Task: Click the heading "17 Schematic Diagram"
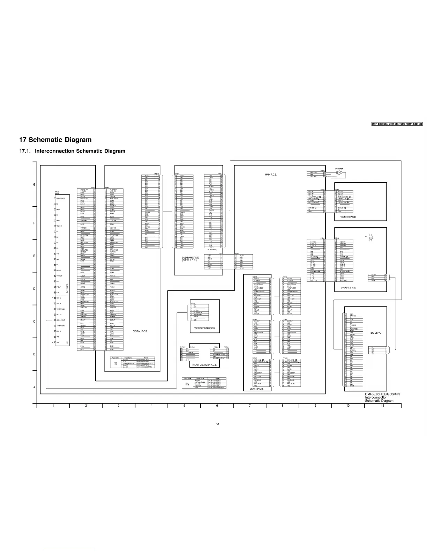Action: pos(55,140)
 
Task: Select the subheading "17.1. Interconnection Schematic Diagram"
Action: pos(72,151)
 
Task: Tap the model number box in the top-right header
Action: pos(397,124)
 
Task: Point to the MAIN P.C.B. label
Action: pos(271,175)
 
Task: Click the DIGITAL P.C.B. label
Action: pos(141,331)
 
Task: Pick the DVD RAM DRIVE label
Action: pos(190,259)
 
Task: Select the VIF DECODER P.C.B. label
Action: pos(205,329)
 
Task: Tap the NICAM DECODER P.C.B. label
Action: pos(205,365)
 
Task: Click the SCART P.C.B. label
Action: pos(256,389)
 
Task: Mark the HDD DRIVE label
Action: pos(375,333)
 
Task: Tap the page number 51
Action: pos(217,424)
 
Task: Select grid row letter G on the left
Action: pos(34,185)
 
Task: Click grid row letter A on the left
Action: pos(34,387)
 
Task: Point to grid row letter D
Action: pos(34,289)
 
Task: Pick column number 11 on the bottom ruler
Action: pos(383,406)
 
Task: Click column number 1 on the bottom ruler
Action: pos(53,406)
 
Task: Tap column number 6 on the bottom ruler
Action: pos(217,406)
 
